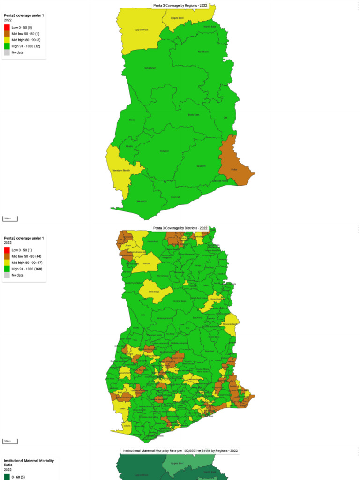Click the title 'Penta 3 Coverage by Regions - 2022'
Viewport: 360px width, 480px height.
(180, 6)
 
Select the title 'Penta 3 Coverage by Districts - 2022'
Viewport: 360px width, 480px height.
(180, 228)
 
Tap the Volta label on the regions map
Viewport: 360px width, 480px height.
(234, 170)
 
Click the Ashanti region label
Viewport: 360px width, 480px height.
(164, 151)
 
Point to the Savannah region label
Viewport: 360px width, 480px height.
(150, 68)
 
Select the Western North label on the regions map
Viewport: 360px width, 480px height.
(121, 170)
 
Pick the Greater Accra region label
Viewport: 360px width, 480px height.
(220, 180)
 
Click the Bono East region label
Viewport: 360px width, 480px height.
(194, 114)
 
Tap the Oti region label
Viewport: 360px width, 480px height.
(225, 117)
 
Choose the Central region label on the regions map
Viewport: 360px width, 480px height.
(175, 197)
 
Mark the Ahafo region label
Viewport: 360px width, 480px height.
(129, 146)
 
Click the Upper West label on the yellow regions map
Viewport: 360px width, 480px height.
(141, 30)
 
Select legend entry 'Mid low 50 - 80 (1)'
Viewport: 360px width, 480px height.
(25, 34)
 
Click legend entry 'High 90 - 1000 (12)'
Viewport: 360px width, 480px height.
(26, 46)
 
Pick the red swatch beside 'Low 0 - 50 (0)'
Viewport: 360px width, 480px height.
(7, 28)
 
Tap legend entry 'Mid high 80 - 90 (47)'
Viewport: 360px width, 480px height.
(26, 263)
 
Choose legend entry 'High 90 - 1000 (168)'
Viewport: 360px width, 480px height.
(27, 269)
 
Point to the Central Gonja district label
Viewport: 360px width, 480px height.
(180, 301)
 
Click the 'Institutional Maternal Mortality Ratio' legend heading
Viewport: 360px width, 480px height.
(29, 463)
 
